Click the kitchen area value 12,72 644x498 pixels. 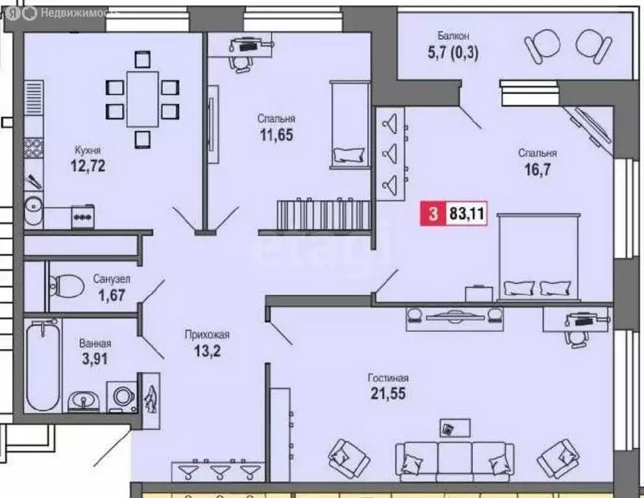click(88, 166)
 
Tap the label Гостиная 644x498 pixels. click(388, 378)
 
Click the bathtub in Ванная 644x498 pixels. click(42, 366)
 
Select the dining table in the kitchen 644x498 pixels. click(142, 99)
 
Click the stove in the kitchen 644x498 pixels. click(82, 216)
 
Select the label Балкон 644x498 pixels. click(453, 36)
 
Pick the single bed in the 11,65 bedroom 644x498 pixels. click(349, 123)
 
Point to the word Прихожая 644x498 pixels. click(207, 335)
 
